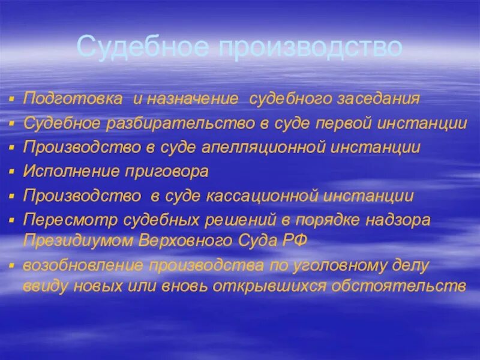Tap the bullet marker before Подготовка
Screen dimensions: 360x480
tap(13, 99)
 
